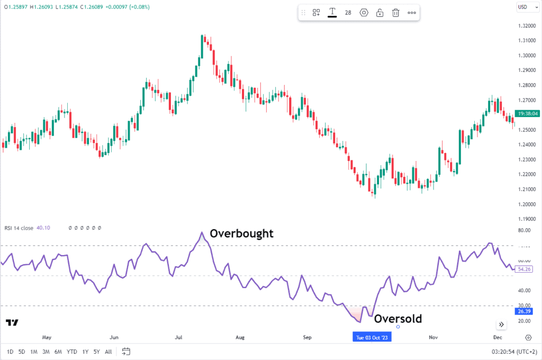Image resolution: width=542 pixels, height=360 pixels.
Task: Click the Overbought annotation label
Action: tap(241, 233)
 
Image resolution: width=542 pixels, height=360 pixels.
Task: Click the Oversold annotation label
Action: tap(398, 319)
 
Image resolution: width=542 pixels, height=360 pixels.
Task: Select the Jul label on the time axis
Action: tap(178, 337)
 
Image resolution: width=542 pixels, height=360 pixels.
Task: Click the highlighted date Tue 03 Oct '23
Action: tap(373, 337)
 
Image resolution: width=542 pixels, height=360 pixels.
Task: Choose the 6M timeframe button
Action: tap(58, 351)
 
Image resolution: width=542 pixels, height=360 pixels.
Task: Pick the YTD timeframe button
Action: tap(72, 351)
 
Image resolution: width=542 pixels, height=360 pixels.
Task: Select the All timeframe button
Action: tap(108, 351)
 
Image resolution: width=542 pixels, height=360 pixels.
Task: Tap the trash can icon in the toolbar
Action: tap(395, 13)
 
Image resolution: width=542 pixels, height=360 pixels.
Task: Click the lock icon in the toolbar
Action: tap(380, 13)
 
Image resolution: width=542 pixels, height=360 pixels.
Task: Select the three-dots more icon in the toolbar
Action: tap(412, 13)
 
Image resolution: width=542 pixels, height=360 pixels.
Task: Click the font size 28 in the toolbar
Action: tap(348, 13)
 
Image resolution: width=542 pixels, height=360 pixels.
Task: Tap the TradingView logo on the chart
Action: tap(12, 323)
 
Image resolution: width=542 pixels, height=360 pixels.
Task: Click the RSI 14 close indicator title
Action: tap(19, 228)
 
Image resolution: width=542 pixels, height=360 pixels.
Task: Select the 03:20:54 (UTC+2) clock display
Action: tap(513, 351)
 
